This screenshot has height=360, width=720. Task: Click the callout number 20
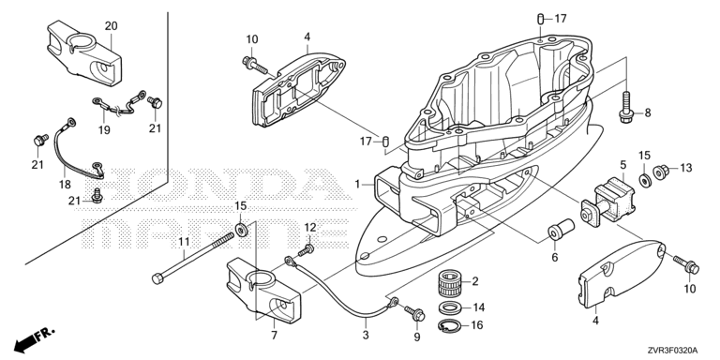coord(112,25)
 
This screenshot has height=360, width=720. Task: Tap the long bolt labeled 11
coord(193,257)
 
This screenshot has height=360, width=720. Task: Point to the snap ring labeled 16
coord(450,325)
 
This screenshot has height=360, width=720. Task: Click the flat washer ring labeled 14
coord(450,307)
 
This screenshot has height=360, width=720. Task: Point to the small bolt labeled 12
coord(307,250)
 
